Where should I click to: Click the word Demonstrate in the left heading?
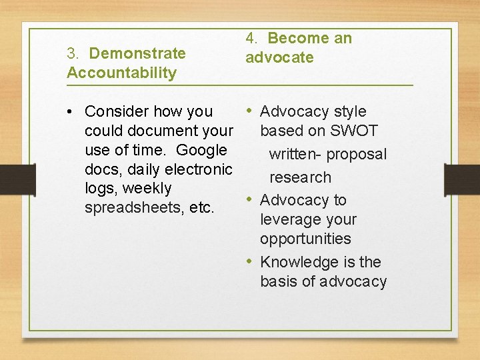click(x=137, y=53)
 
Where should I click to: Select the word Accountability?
click(x=121, y=73)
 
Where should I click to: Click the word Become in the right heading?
click(x=299, y=39)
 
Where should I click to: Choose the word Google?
click(x=202, y=150)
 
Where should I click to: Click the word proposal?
click(x=357, y=155)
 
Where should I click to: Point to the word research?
click(x=300, y=177)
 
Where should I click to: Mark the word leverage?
click(x=289, y=219)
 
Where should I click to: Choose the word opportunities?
click(x=305, y=239)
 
